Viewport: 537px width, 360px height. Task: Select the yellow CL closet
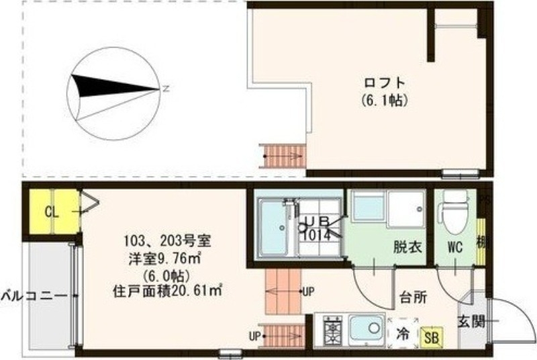pyautogui.click(x=52, y=212)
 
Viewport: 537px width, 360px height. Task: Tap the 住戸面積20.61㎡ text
pyautogui.click(x=167, y=291)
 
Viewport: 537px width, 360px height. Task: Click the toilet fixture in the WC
pyautogui.click(x=454, y=210)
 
